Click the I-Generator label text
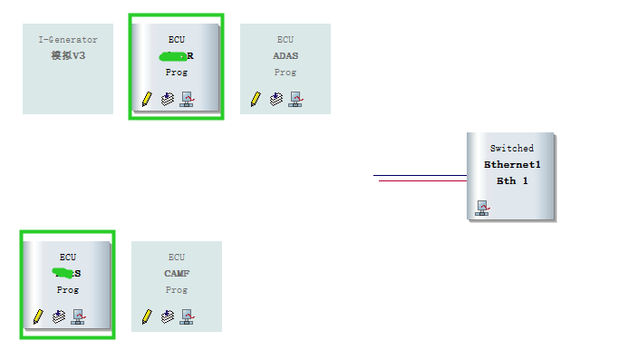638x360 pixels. click(68, 40)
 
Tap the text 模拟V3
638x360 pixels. click(68, 55)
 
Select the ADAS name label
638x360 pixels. click(285, 55)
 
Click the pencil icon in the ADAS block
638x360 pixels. click(256, 98)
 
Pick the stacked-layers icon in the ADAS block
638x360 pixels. click(276, 98)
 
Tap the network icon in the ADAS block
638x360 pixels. click(295, 98)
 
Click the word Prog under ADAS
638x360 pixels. click(285, 72)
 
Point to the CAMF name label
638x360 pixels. click(177, 273)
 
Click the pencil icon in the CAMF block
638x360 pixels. click(147, 316)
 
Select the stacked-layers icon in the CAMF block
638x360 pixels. click(168, 316)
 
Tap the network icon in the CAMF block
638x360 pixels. click(187, 316)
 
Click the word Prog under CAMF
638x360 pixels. click(177, 289)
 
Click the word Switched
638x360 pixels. click(512, 148)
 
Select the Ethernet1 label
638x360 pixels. click(512, 165)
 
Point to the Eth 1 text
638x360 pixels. click(512, 180)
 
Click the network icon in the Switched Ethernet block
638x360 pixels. click(482, 209)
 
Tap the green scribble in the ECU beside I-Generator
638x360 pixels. click(170, 56)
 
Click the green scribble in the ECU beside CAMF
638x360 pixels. click(63, 273)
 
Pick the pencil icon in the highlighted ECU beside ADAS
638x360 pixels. click(147, 98)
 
